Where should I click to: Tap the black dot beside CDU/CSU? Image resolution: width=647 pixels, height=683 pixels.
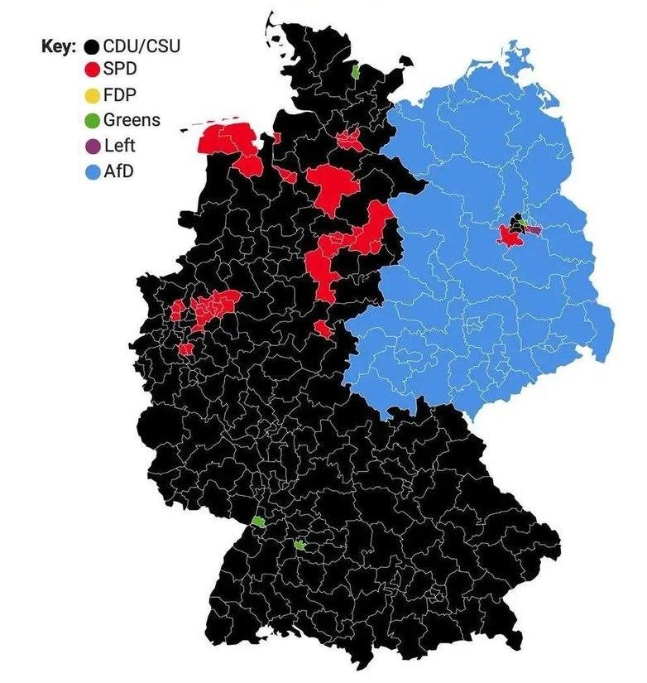pos(93,46)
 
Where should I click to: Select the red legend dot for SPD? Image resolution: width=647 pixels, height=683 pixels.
pos(93,69)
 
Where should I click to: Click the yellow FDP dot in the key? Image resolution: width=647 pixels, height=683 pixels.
pos(93,94)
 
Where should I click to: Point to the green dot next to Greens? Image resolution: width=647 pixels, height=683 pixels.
pos(93,120)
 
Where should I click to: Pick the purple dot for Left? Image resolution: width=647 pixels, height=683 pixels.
pos(93,147)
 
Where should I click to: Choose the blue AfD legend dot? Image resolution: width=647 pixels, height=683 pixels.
pos(93,172)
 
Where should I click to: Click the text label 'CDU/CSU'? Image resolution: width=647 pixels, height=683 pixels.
pos(141,46)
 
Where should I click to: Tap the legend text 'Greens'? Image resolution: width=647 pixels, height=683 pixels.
pos(132,120)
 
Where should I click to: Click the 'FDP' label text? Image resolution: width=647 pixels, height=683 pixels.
pos(119,94)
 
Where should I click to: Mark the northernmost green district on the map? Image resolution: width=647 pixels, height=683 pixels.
pos(356,72)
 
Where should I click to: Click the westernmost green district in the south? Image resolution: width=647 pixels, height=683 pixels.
pos(258,522)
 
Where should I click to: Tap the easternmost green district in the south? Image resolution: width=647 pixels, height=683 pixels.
pos(300,545)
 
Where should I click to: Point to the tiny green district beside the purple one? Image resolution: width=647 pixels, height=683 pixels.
pos(524,224)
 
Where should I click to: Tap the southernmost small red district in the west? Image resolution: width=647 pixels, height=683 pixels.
pos(185,349)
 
